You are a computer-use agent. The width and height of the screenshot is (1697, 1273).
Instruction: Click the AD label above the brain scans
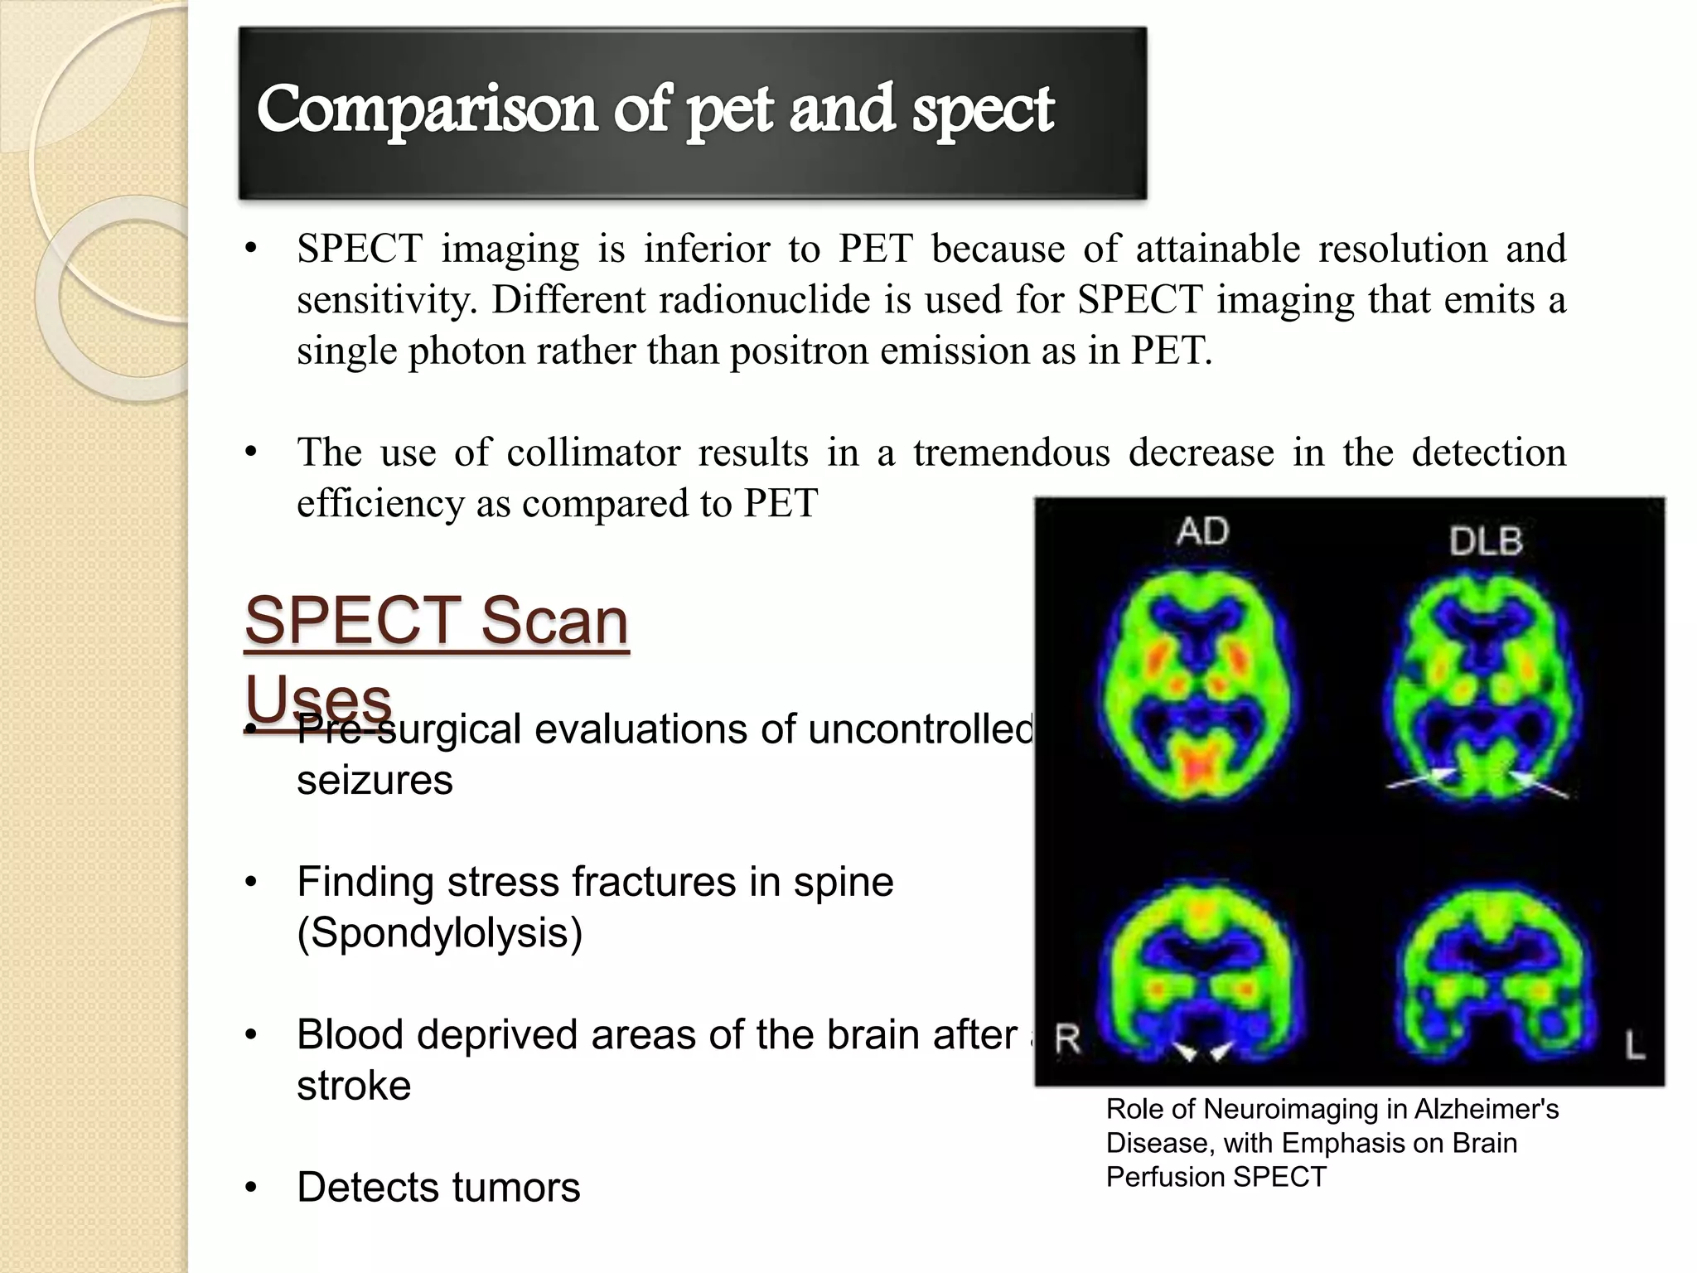[x=1202, y=531]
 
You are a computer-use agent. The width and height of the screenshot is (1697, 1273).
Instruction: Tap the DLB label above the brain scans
[x=1486, y=542]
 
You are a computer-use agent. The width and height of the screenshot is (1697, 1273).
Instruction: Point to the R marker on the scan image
[x=1067, y=1039]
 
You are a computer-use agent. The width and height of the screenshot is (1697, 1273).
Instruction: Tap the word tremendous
[x=1011, y=453]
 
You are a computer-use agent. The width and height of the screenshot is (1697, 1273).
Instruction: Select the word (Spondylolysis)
[x=440, y=933]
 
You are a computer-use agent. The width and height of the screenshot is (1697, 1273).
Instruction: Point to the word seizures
[x=375, y=781]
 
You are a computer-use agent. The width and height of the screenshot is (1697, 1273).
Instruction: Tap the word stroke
[x=354, y=1086]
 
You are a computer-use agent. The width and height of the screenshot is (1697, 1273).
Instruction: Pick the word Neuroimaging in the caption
[x=1322, y=1109]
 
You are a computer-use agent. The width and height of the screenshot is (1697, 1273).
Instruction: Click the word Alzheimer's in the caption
[x=1487, y=1109]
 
